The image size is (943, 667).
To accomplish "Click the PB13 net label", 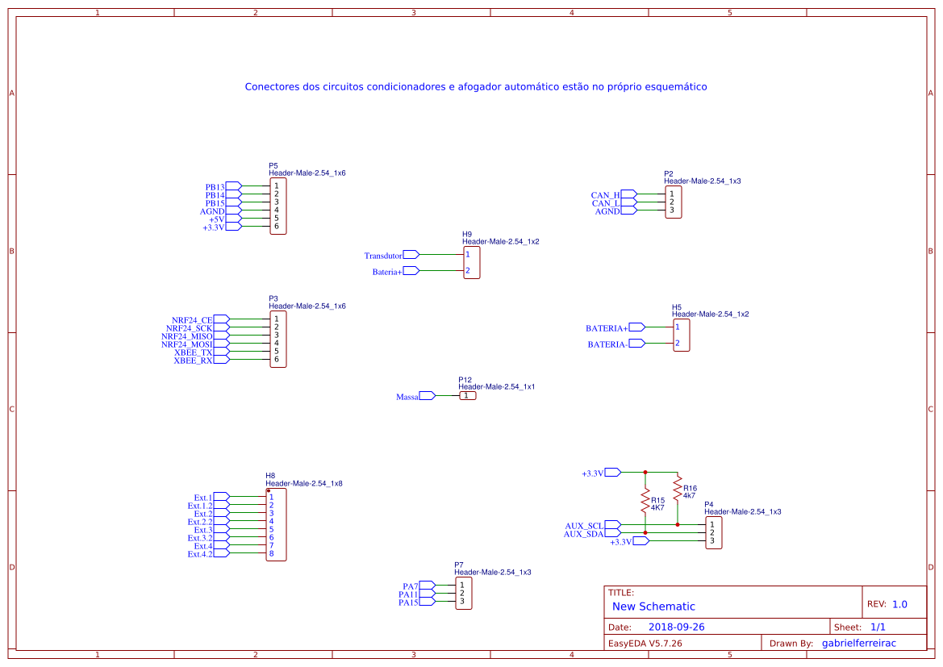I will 215,187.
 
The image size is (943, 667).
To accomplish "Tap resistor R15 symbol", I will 645,500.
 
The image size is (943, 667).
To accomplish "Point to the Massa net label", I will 407,397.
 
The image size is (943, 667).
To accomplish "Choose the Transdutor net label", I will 383,256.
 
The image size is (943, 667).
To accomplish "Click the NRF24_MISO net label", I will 187,336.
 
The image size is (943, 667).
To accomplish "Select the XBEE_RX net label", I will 193,361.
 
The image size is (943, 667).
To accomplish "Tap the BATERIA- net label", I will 607,344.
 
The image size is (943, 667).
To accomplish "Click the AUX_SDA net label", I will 583,534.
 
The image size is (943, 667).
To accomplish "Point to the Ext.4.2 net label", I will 200,554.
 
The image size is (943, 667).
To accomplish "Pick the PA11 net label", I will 408,594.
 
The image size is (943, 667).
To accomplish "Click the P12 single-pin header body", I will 467,396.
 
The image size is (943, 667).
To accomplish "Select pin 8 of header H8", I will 272,554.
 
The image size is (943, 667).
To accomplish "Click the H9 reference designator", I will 467,234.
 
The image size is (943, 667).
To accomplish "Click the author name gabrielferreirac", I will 858,643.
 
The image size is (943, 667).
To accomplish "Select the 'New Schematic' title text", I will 653,607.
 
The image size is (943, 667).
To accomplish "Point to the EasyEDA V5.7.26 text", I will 645,643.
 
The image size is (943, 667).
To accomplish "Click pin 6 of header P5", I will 276,227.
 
